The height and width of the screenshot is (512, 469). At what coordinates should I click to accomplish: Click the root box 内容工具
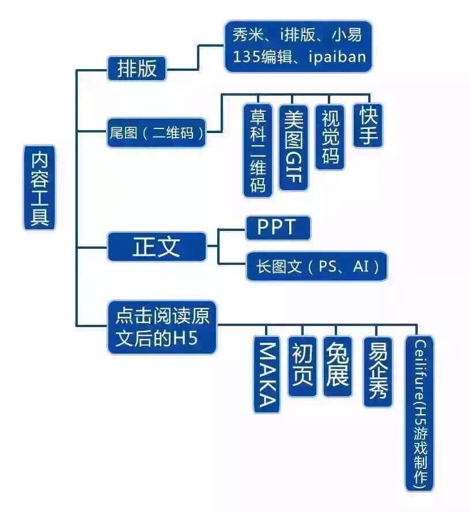click(40, 187)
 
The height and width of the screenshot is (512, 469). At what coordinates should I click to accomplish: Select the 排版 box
click(137, 69)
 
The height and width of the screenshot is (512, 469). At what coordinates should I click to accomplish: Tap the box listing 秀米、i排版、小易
click(298, 47)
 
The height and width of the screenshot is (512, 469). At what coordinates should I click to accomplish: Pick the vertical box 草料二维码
click(258, 151)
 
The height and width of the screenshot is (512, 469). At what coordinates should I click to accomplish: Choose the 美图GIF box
click(293, 147)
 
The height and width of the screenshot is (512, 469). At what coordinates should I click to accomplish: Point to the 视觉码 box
click(330, 136)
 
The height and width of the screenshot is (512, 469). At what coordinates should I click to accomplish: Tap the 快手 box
click(368, 125)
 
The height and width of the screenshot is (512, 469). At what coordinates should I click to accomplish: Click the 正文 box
click(157, 246)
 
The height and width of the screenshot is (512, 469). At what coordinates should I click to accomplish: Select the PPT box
click(278, 227)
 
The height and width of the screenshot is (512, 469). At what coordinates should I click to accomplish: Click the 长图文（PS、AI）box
click(316, 267)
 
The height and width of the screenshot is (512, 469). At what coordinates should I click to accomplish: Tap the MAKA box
click(267, 374)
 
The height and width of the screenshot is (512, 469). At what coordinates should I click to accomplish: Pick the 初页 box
click(302, 366)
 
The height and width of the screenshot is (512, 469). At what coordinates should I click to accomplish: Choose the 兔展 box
click(338, 366)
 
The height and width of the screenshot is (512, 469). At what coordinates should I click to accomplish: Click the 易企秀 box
click(377, 371)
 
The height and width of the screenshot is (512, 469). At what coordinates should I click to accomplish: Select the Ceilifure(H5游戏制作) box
click(419, 412)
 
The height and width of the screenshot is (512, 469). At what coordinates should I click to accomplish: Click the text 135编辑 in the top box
click(264, 58)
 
